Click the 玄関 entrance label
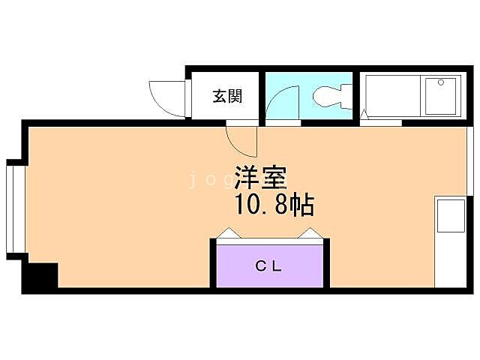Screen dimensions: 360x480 (226, 96)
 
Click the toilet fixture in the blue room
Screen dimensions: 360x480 (331, 95)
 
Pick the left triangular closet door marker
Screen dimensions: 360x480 (229, 233)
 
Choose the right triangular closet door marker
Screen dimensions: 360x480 (309, 233)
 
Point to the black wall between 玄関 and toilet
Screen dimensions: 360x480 (262, 95)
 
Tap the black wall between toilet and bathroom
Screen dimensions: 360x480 (356, 95)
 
